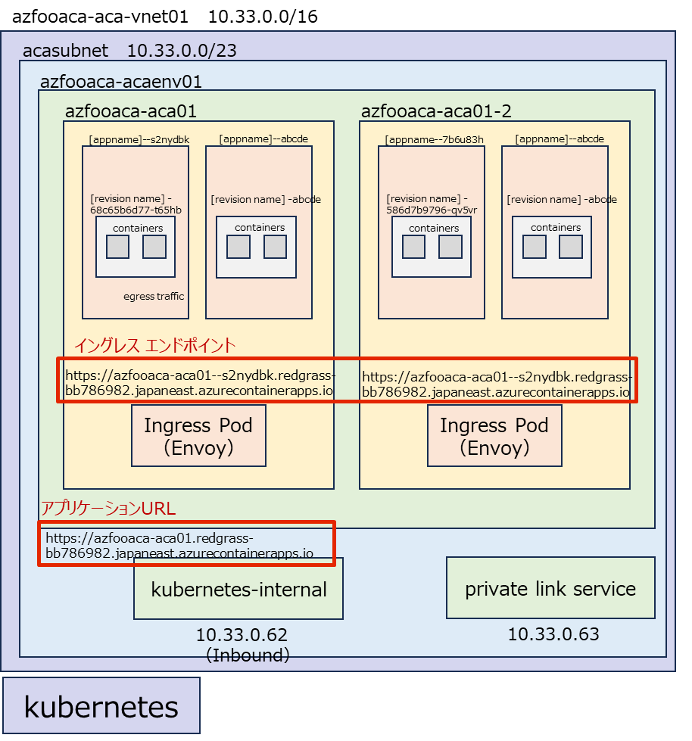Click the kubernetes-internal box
tap(238, 590)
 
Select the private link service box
tap(550, 588)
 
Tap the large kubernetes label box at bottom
tap(101, 707)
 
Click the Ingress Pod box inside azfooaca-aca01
tap(198, 436)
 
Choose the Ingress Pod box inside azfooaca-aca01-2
tap(494, 436)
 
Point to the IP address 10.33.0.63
tap(553, 634)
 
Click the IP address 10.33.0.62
tap(242, 636)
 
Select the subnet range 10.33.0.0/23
tap(182, 51)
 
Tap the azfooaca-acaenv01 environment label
tap(121, 81)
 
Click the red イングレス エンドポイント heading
tap(154, 346)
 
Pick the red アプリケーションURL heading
tap(108, 509)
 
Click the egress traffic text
tap(154, 296)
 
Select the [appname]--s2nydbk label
tap(139, 139)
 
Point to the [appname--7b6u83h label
tap(434, 139)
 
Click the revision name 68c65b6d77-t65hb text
tap(136, 210)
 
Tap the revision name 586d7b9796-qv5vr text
tap(432, 210)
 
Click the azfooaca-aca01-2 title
tap(436, 111)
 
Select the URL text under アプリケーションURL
tap(179, 546)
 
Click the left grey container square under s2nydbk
tap(117, 247)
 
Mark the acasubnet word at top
tap(66, 51)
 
